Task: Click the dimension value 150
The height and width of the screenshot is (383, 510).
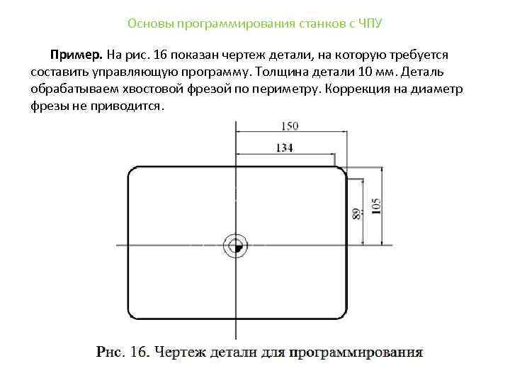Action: (288, 126)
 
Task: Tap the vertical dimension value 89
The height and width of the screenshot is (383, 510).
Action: (356, 214)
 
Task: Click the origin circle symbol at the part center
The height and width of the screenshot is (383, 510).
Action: (234, 245)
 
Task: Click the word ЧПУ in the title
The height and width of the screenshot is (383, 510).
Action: (369, 23)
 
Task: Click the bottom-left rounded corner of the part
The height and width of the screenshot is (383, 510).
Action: (134, 316)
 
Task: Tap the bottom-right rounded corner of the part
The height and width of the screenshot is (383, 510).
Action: (340, 316)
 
